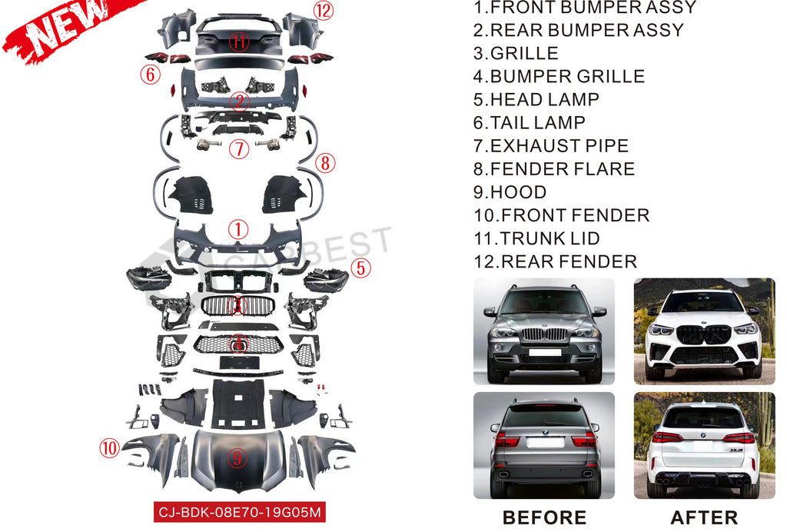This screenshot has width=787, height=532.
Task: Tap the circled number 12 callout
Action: pos(323,11)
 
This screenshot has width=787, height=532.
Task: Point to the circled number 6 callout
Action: pos(150,75)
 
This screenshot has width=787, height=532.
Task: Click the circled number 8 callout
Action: pos(325,163)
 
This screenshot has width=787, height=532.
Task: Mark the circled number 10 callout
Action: pos(110,447)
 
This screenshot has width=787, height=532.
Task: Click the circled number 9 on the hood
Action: pos(237,459)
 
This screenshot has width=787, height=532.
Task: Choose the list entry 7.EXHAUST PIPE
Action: pos(550,146)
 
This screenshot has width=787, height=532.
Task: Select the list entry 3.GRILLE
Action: pos(515,54)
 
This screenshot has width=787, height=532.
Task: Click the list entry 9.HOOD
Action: pos(510,192)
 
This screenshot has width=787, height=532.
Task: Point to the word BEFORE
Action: pos(544,518)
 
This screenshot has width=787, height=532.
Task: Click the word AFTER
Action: pos(704,518)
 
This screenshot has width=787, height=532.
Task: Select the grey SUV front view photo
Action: pos(544,331)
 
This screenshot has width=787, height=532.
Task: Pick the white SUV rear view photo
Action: pos(704,445)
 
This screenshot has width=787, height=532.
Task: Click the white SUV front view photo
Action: pos(704,331)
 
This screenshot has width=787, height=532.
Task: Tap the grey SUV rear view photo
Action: pos(544,445)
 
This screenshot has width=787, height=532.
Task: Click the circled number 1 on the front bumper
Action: pos(238,228)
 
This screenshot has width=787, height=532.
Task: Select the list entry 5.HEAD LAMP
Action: pos(536,100)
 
